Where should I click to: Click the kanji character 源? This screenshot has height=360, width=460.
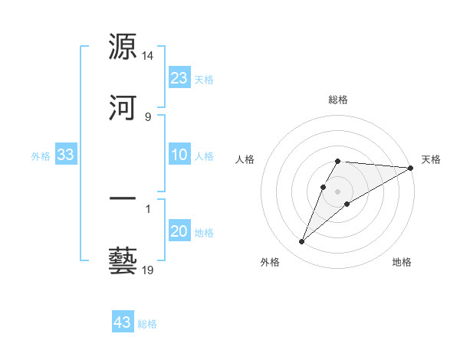[x=123, y=46]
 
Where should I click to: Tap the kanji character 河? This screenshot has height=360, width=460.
[x=123, y=109]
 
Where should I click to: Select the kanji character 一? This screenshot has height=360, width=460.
[x=123, y=199]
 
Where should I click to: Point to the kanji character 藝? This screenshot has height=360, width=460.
[x=123, y=260]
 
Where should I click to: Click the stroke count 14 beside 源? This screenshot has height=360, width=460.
[x=148, y=56]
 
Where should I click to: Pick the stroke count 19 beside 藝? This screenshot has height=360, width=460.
[x=148, y=270]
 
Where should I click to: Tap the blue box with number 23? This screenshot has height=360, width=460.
[x=179, y=78]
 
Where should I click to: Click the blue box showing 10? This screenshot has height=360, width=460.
[x=179, y=155]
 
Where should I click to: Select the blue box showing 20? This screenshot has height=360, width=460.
[x=179, y=231]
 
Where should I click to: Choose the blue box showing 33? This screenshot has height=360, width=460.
[x=66, y=155]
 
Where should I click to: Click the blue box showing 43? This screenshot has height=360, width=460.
[x=123, y=322]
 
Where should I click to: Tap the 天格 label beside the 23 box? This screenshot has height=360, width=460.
[x=204, y=79]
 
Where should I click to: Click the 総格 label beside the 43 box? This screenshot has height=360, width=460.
[x=147, y=324]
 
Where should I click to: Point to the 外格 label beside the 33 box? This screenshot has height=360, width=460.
[x=41, y=156]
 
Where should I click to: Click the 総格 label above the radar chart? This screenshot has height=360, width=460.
[x=338, y=100]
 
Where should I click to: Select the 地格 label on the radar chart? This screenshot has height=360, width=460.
[x=402, y=263]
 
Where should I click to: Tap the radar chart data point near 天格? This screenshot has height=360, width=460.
[x=411, y=169]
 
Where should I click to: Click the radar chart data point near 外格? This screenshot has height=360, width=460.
[x=301, y=242]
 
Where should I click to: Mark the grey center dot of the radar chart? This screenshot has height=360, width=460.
[x=338, y=191]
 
